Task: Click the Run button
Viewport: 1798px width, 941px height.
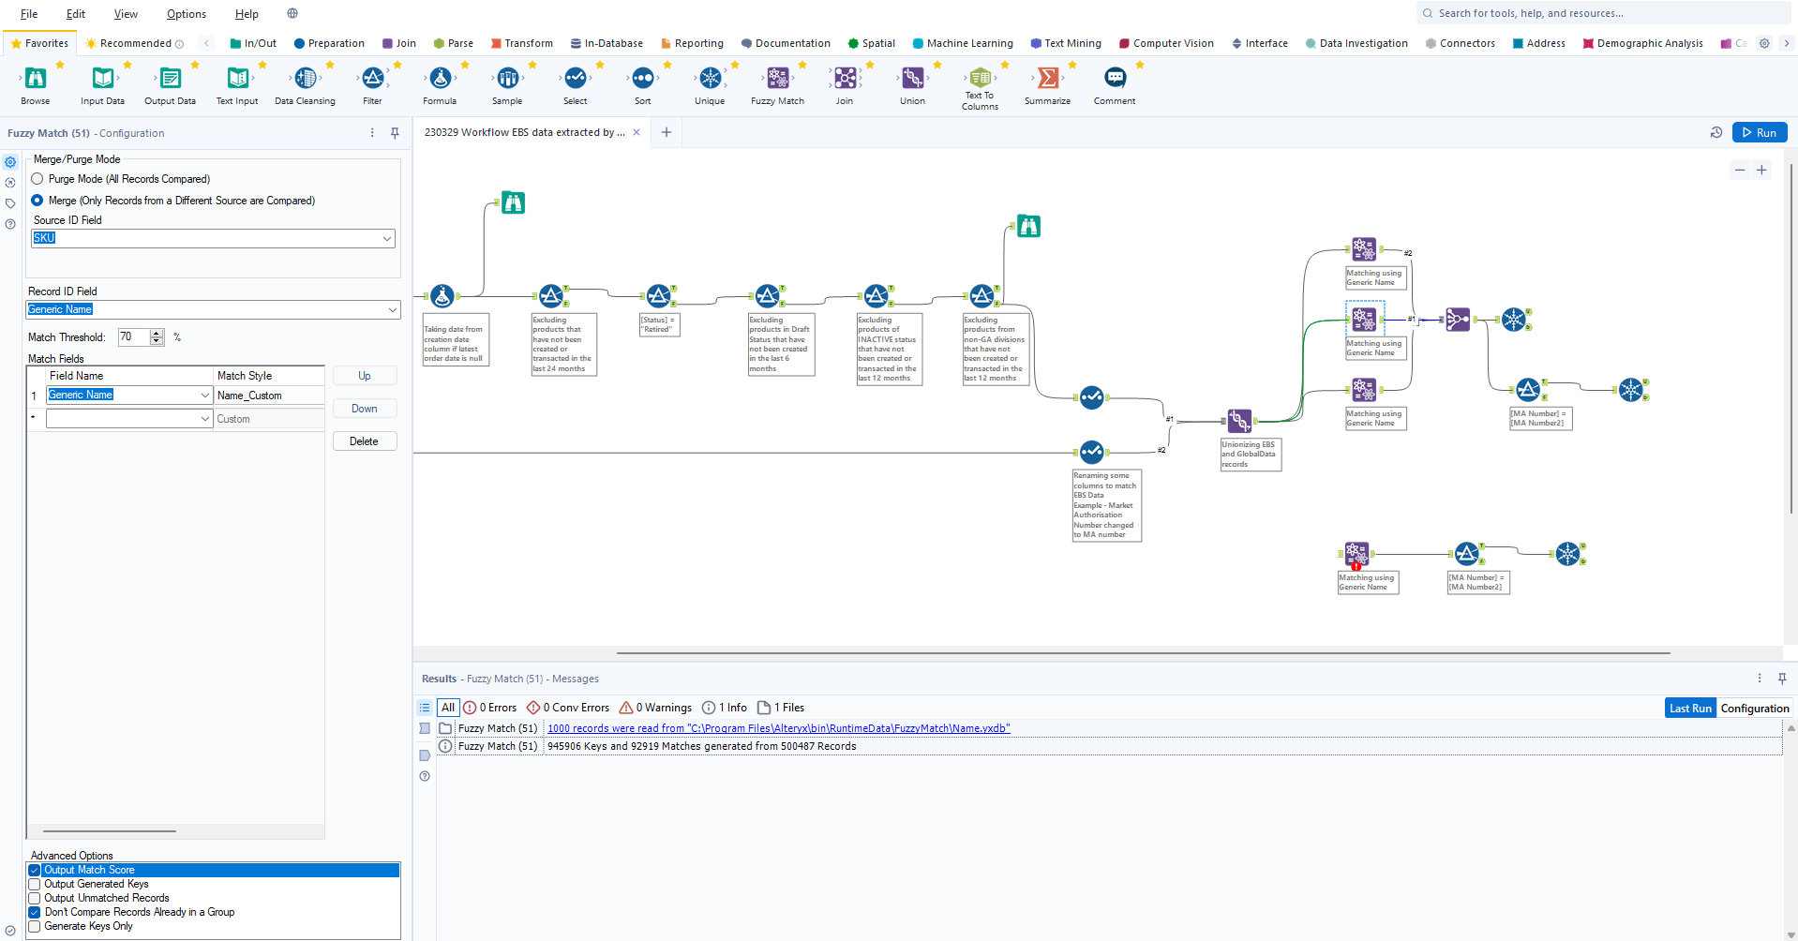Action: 1759,133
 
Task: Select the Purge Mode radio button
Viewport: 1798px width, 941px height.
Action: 37,179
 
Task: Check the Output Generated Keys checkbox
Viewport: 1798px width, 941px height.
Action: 35,884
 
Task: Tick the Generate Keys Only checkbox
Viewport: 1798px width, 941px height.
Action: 35,926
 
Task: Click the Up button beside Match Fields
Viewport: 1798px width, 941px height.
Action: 365,376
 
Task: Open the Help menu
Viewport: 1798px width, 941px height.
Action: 247,14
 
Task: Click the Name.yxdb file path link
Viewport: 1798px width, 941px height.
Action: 778,728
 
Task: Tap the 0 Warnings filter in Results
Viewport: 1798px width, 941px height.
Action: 655,708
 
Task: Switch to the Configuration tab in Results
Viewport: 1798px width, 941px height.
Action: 1754,709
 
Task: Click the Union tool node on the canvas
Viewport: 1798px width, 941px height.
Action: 1239,421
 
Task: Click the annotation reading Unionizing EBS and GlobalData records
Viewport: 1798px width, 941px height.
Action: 1250,455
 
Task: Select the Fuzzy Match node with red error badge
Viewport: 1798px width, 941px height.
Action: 1356,554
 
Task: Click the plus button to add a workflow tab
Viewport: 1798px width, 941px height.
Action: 667,132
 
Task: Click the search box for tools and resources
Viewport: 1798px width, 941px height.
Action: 1603,13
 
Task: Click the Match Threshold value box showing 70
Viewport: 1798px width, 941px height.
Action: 133,337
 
